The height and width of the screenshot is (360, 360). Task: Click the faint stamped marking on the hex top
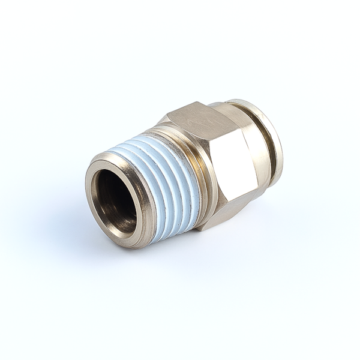(195, 120)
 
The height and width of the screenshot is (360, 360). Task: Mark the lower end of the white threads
(174, 234)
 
